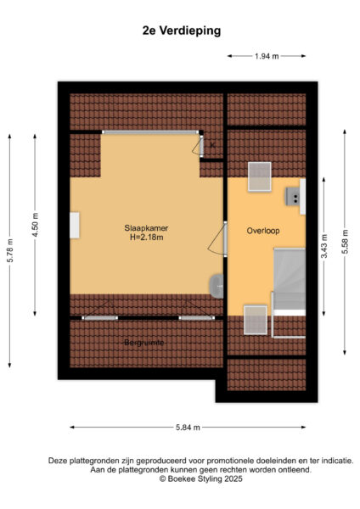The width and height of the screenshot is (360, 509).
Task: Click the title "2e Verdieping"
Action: (x=182, y=31)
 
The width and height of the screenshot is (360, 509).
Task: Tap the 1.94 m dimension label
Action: (x=267, y=56)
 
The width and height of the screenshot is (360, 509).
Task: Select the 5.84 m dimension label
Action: (x=188, y=428)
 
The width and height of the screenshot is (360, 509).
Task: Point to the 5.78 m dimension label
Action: (x=10, y=250)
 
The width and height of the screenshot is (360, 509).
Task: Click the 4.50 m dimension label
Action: (x=35, y=225)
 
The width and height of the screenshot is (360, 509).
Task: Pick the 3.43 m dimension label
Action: (x=324, y=246)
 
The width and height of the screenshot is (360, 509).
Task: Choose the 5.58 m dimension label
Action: (x=345, y=242)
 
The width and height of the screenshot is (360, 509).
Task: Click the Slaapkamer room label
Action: (x=146, y=228)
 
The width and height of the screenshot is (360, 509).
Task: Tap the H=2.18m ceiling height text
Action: (x=147, y=238)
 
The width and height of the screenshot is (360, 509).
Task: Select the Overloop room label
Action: (x=263, y=231)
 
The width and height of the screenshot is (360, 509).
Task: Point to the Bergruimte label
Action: (x=144, y=343)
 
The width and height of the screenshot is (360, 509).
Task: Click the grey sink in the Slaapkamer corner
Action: (x=217, y=287)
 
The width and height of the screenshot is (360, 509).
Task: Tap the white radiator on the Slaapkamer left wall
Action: (x=75, y=226)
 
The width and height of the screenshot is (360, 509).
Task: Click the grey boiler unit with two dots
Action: (x=292, y=197)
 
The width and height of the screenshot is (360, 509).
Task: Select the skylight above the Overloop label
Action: (x=260, y=176)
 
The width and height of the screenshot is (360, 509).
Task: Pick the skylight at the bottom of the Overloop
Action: (x=256, y=320)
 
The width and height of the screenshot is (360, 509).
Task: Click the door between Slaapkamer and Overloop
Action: (x=225, y=239)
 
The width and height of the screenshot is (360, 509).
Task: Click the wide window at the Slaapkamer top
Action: (x=150, y=132)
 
